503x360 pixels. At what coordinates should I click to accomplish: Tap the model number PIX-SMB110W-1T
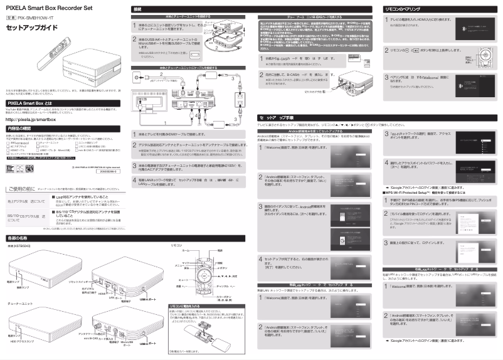coord(38,19)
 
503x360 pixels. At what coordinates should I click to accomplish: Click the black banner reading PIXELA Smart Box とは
coord(63,101)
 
